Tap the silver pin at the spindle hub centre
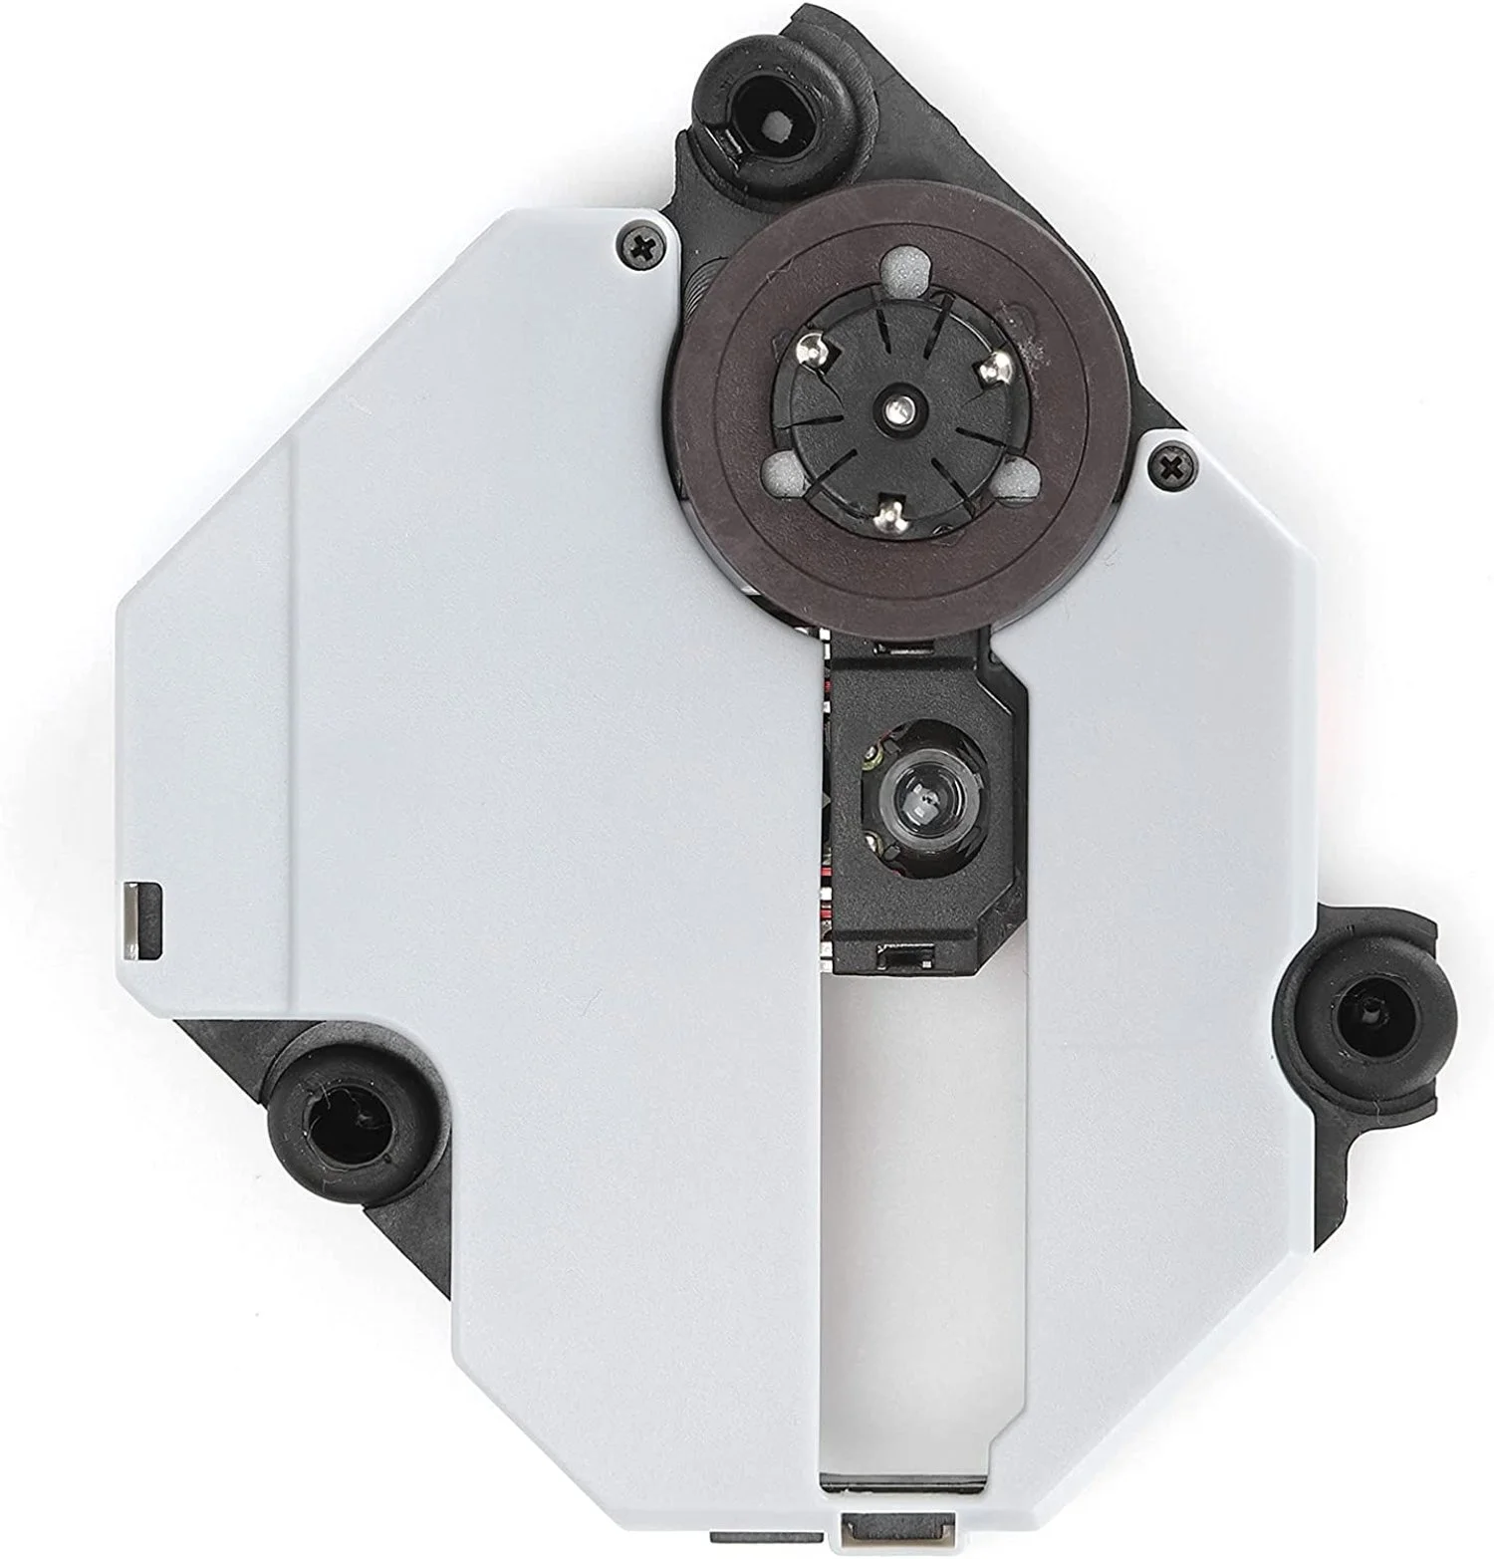pyautogui.click(x=899, y=404)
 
